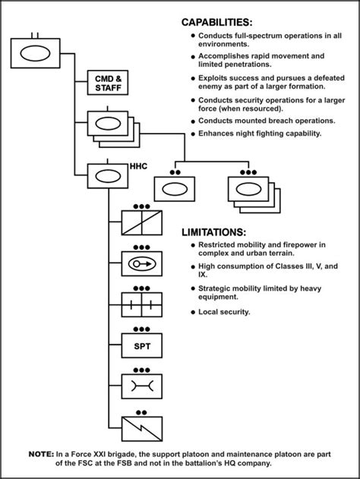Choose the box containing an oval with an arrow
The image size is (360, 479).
tap(141, 263)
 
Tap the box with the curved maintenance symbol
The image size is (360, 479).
tap(141, 386)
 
